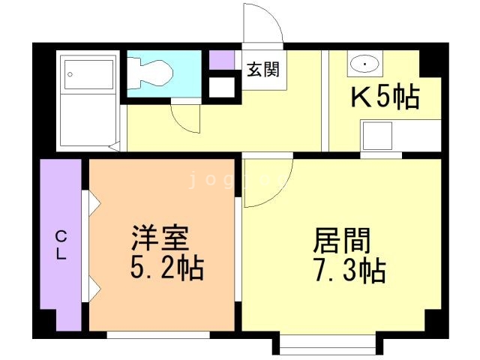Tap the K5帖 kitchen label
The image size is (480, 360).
(385, 97)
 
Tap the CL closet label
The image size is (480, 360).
(60, 244)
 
